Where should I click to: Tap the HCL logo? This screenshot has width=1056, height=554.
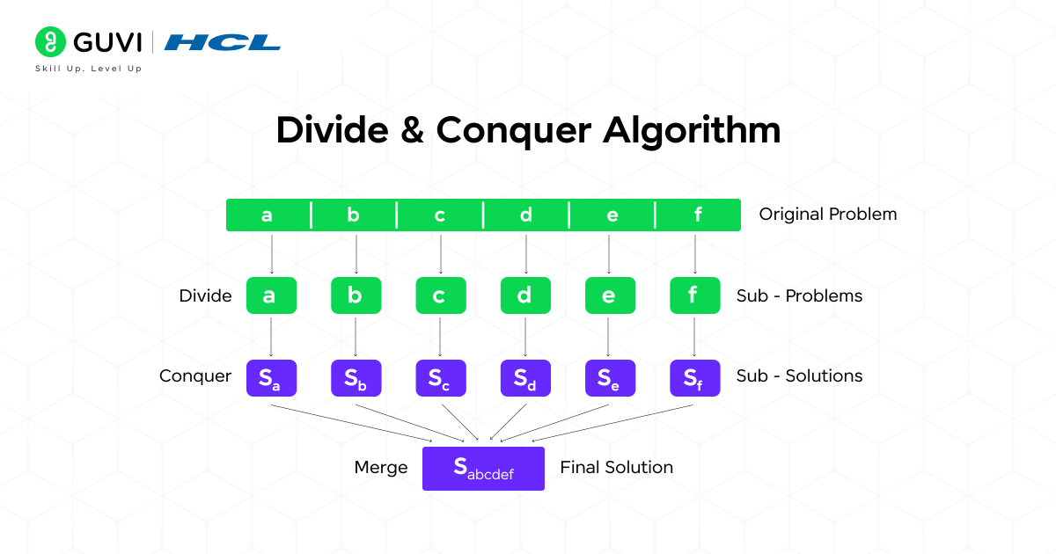pyautogui.click(x=223, y=42)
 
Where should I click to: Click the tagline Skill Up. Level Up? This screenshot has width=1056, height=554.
pyautogui.click(x=88, y=69)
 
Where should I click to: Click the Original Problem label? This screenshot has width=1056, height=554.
pyautogui.click(x=827, y=215)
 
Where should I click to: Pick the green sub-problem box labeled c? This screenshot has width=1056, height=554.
pyautogui.click(x=440, y=295)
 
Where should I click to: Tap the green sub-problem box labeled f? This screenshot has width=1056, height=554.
pyautogui.click(x=694, y=295)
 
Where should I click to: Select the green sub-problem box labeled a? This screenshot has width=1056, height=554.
pyautogui.click(x=271, y=295)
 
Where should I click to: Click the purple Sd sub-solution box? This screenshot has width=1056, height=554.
pyautogui.click(x=525, y=378)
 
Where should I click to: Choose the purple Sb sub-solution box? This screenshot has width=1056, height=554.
pyautogui.click(x=356, y=378)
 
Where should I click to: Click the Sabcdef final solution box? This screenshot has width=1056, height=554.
pyautogui.click(x=483, y=468)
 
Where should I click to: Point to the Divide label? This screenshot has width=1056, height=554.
pyautogui.click(x=205, y=296)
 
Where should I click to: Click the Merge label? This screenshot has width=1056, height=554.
pyautogui.click(x=380, y=468)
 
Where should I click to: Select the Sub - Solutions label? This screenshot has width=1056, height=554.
pyautogui.click(x=799, y=376)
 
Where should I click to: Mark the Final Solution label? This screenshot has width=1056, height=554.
pyautogui.click(x=616, y=468)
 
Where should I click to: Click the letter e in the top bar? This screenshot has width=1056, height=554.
pyautogui.click(x=612, y=215)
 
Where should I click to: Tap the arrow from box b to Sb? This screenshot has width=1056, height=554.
pyautogui.click(x=356, y=336)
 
